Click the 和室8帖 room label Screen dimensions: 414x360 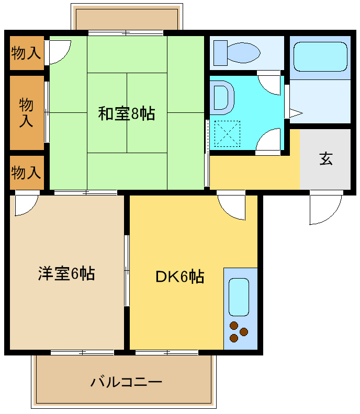[127, 113]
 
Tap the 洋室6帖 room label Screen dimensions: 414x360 [66, 273]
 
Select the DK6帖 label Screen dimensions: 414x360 [179, 276]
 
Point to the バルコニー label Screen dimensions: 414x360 [126, 382]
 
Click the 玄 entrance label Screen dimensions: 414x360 [326, 159]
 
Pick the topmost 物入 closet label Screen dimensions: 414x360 [26, 52]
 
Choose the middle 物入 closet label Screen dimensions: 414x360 [26, 112]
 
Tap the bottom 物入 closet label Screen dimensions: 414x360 [26, 172]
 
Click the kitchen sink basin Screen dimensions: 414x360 [239, 297]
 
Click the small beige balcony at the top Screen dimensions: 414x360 [127, 18]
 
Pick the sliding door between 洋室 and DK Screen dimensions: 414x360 [127, 270]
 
